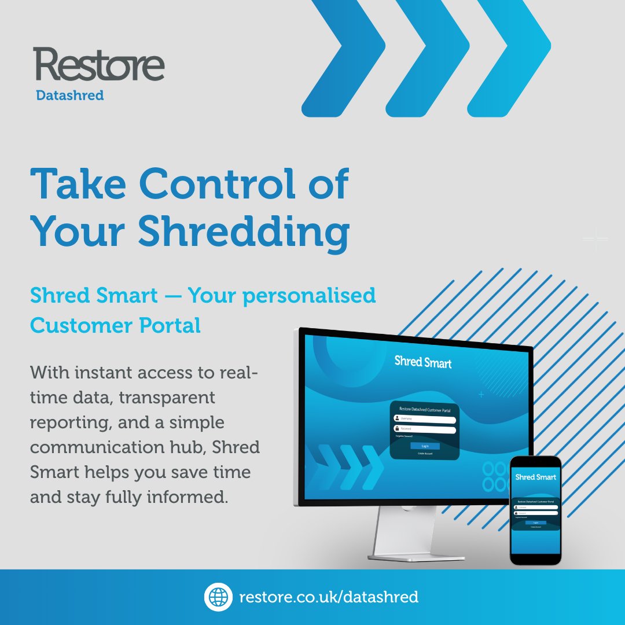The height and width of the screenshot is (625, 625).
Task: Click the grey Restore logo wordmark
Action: point(99,65)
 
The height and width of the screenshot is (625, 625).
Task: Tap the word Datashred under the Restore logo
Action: point(69,95)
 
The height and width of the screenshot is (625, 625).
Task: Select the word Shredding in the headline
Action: point(244,232)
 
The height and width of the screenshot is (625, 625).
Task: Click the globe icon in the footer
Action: point(218,597)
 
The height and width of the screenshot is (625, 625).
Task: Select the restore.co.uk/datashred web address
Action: point(329,597)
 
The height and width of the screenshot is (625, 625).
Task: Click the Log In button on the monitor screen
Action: point(425,446)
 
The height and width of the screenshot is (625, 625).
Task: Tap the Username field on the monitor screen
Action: point(425,419)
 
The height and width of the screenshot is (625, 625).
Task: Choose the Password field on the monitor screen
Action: point(425,429)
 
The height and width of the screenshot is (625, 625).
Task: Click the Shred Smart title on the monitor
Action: point(423,362)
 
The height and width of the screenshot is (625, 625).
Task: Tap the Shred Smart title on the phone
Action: point(535,477)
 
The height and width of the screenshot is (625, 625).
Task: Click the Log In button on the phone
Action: point(535,522)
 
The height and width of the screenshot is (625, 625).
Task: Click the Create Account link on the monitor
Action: point(425,454)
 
